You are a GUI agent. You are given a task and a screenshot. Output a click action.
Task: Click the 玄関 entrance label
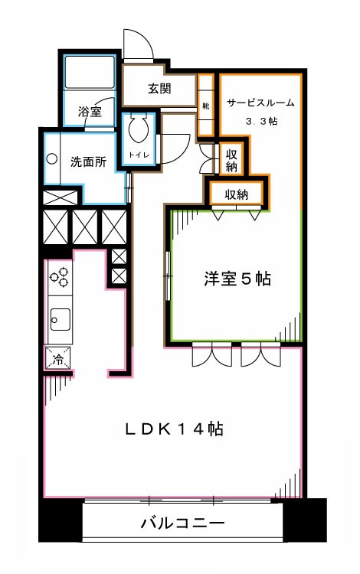coord(159,89)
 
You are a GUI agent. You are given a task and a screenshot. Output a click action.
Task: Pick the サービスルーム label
coord(260,103)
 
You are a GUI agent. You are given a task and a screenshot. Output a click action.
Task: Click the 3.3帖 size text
coord(260,122)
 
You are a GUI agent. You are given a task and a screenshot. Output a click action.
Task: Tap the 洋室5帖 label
coord(238,280)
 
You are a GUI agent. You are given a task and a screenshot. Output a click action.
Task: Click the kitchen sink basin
coord(59,316)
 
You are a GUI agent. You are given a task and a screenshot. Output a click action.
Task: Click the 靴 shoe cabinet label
coord(206,106)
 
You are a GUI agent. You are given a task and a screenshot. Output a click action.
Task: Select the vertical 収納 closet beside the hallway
coord(231,159)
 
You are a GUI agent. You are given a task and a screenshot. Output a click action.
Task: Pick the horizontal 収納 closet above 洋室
coord(237,194)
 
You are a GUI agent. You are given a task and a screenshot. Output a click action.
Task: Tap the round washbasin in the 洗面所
coord(52,159)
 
